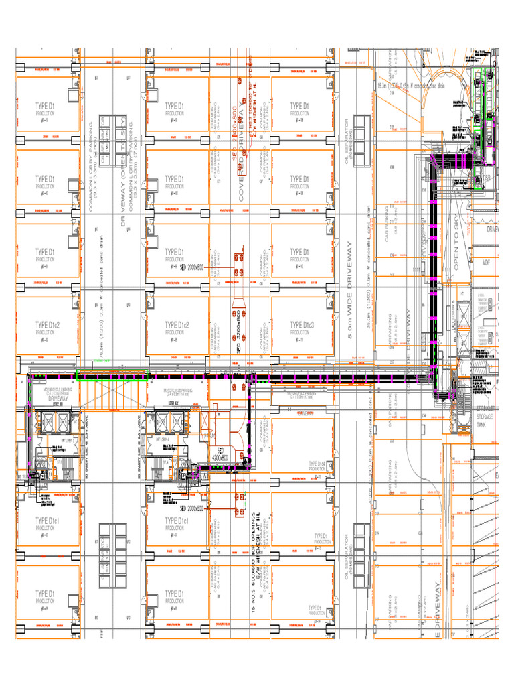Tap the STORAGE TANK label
[x=485, y=421]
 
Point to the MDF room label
[x=487, y=262]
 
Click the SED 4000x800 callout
[x=220, y=454]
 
